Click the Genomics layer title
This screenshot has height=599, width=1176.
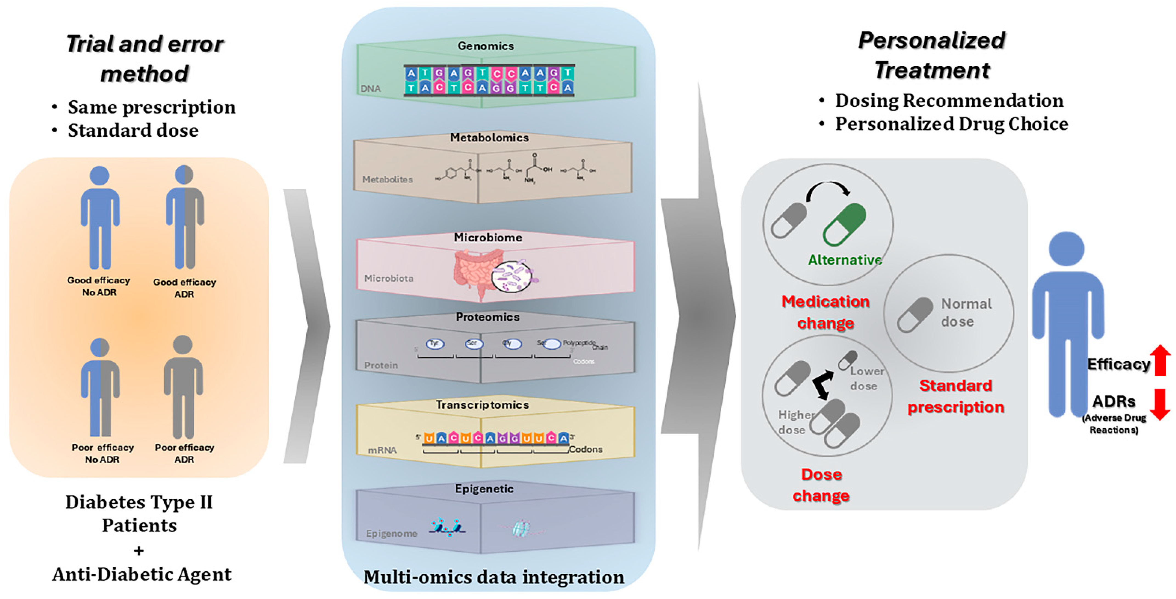coord(486,46)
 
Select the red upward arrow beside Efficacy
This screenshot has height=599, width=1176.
coord(1160,360)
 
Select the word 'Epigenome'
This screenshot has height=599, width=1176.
coord(391,533)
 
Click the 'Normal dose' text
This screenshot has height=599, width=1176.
coord(966,312)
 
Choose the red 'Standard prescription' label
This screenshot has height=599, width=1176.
coord(955,396)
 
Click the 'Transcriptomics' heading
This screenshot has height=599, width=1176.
coord(482,405)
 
